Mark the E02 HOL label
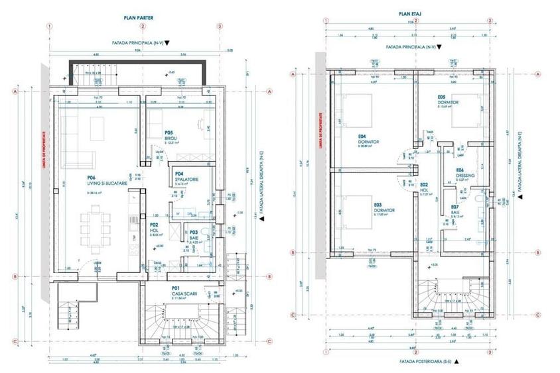tap(425, 189)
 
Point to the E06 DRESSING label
tap(464, 171)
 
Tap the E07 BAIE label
tap(456, 211)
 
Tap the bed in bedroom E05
tap(466, 110)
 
